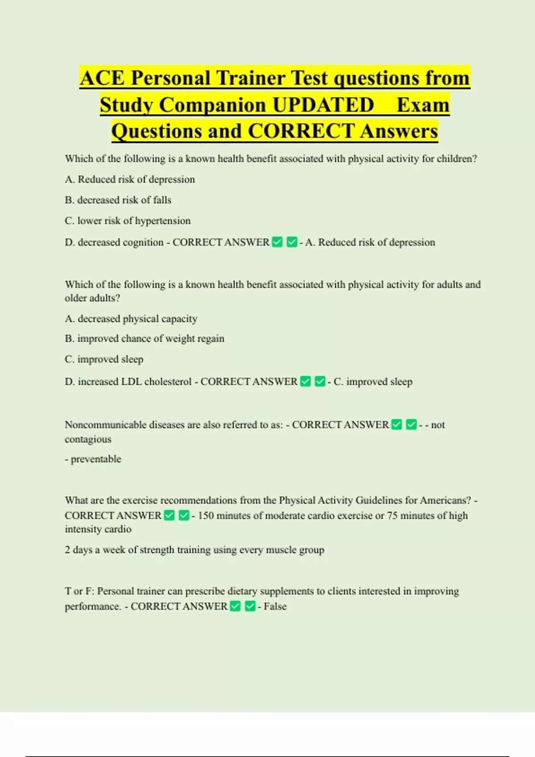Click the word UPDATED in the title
point(323,105)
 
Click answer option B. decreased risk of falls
point(118,200)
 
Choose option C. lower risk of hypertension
point(128,221)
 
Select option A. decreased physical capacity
point(131,319)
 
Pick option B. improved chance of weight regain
point(144,338)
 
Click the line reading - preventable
point(93,459)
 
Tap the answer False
point(275,606)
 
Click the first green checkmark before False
point(235,606)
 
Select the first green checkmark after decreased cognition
point(277,242)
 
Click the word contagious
point(88,439)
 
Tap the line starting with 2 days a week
point(194,550)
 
